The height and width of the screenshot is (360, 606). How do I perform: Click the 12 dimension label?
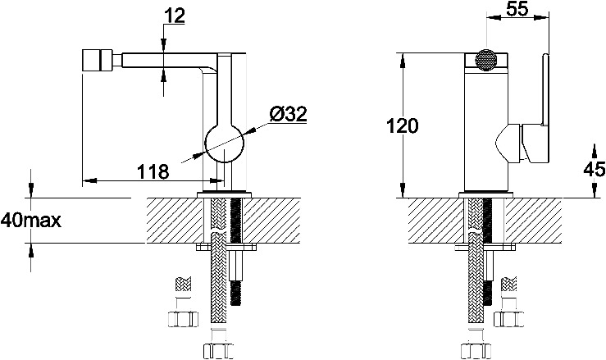click(175, 16)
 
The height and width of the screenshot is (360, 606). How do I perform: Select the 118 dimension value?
click(153, 171)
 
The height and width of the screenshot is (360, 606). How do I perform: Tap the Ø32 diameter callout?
click(289, 114)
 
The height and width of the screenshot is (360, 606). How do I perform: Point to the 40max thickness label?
click(31, 221)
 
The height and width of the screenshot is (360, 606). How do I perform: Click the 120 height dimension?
click(403, 126)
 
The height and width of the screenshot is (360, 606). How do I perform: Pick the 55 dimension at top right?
click(517, 9)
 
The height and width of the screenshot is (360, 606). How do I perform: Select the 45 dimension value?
click(595, 170)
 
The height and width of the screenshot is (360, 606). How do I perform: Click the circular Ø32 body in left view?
click(225, 144)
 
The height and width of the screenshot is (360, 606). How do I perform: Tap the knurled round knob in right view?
click(486, 61)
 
